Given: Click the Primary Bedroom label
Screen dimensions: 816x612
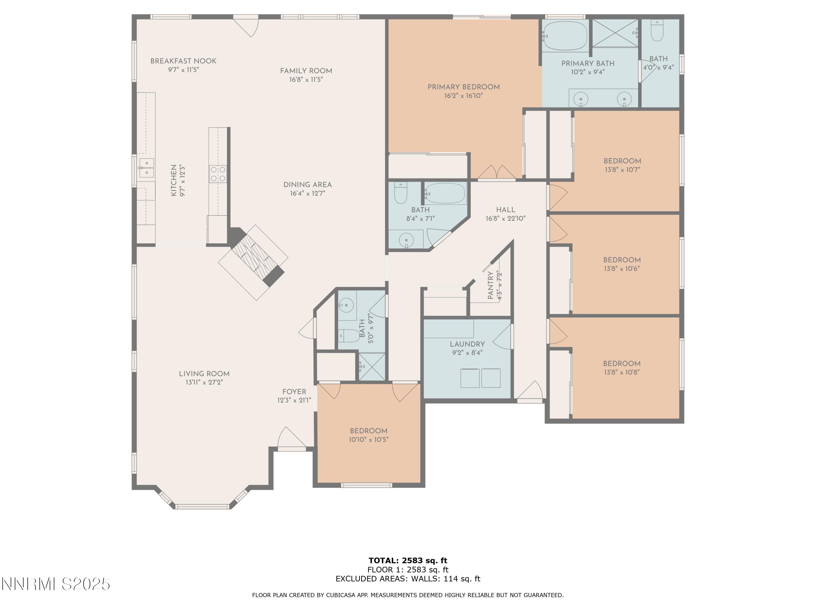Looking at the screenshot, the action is (464, 87).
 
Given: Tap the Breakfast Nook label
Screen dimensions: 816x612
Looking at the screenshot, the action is (183, 61).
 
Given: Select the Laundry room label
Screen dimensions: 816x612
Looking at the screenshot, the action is (467, 344).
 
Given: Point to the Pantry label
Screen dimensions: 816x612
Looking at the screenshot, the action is (490, 285).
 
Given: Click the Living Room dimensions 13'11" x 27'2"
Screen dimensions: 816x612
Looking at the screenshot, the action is (204, 382).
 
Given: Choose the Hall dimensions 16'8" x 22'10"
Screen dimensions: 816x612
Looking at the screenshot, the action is (505, 218).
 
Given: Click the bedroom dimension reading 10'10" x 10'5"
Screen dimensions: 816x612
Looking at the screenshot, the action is (369, 439).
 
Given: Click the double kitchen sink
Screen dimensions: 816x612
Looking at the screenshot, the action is (146, 168).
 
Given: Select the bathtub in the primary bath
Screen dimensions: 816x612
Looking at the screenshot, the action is (564, 36).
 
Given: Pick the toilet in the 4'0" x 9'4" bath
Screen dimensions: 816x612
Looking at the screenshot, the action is (657, 30).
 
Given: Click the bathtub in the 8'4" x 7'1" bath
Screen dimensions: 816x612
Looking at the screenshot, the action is (445, 193).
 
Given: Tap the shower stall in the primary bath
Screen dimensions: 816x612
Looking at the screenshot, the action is (615, 33).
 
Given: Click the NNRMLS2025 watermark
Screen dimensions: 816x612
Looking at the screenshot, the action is (56, 584).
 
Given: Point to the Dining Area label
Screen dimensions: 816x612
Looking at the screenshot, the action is (307, 185).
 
